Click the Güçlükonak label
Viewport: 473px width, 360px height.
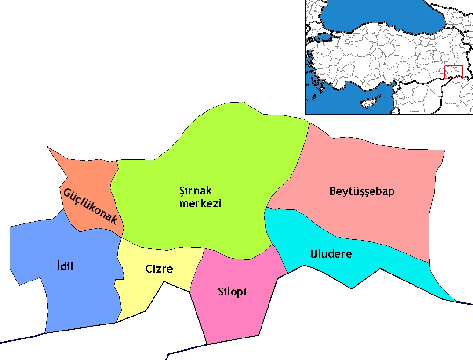[x=90, y=206]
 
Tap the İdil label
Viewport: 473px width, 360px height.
[x=65, y=266]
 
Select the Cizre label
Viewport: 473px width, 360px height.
[x=159, y=269]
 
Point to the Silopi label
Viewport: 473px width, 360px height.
[x=232, y=292]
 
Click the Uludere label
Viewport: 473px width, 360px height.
[x=331, y=254]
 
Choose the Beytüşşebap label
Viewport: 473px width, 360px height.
[x=362, y=191]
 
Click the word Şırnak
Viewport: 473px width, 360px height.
[x=196, y=191]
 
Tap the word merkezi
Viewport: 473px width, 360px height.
[x=201, y=204]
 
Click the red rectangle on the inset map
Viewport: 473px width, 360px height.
[x=453, y=72]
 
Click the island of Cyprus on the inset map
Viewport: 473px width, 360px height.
[x=367, y=101]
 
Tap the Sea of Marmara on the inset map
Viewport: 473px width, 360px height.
[x=327, y=36]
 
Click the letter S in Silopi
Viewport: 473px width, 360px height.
[x=221, y=292]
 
